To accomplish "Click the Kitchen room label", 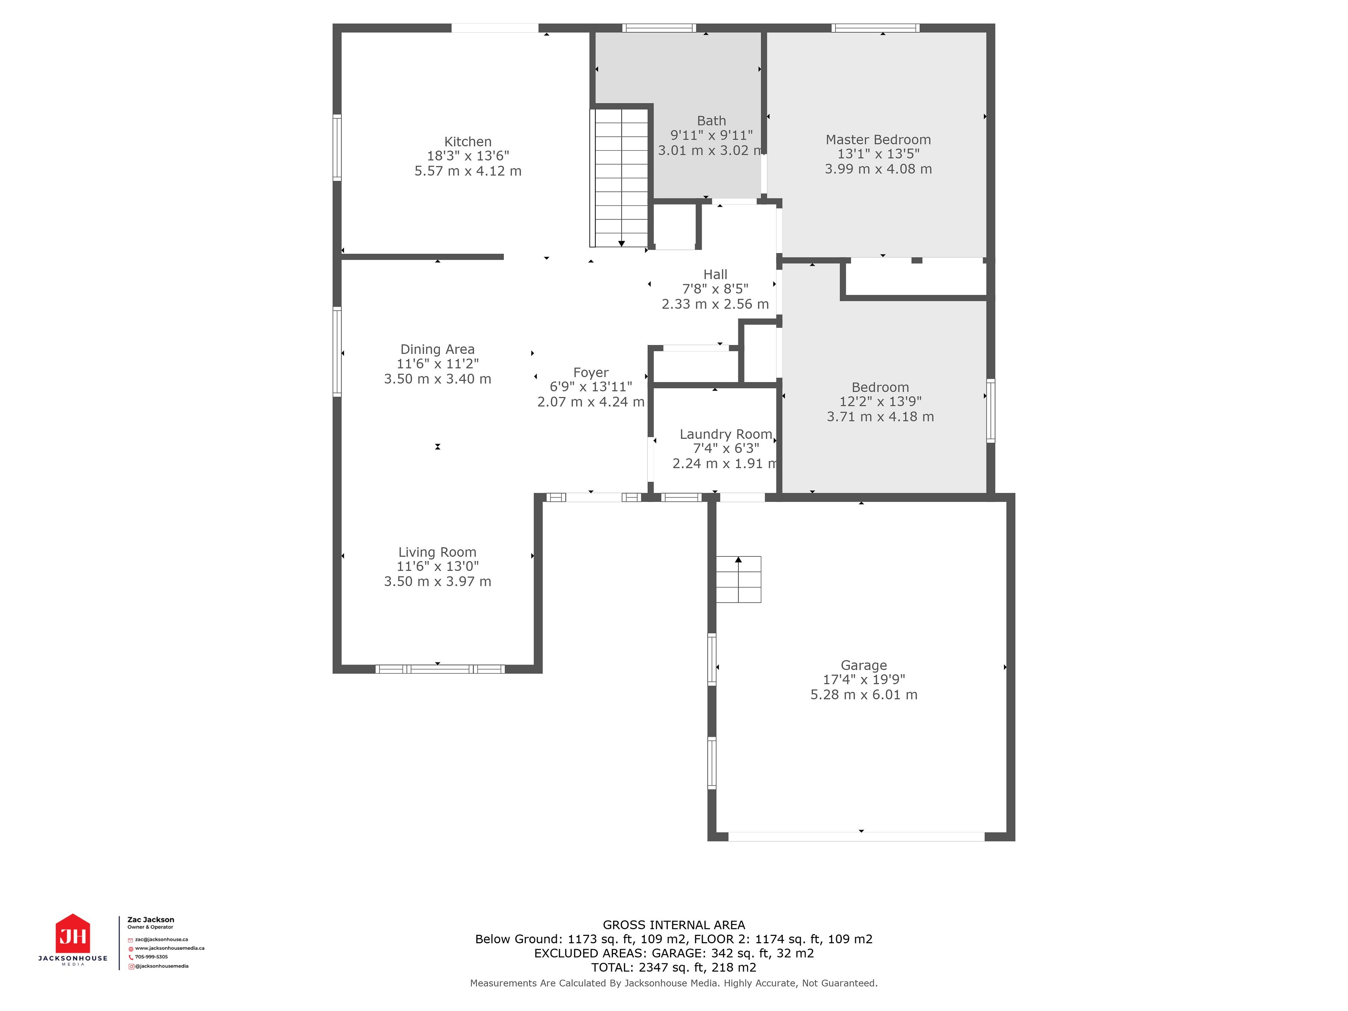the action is click(x=468, y=141).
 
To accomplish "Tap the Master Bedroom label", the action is click(x=878, y=140).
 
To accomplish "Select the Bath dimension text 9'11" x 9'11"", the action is click(x=711, y=135).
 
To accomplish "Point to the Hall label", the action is click(x=715, y=274).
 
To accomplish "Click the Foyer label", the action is click(x=590, y=372).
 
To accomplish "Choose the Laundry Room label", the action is click(x=726, y=434).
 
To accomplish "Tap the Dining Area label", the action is click(x=437, y=349).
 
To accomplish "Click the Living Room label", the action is click(x=437, y=552).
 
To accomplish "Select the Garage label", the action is click(x=864, y=666).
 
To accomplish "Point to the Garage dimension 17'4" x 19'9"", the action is click(x=864, y=680).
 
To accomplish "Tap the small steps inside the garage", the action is click(x=738, y=579).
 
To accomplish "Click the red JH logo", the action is click(x=73, y=934).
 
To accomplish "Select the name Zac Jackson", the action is click(x=151, y=920).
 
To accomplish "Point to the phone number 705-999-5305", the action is click(x=151, y=957).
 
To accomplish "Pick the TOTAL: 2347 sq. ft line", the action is click(x=673, y=967).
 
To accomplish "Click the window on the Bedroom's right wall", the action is click(x=990, y=410).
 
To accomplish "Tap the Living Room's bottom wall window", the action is click(x=440, y=669).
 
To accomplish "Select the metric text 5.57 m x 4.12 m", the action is click(x=468, y=171).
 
